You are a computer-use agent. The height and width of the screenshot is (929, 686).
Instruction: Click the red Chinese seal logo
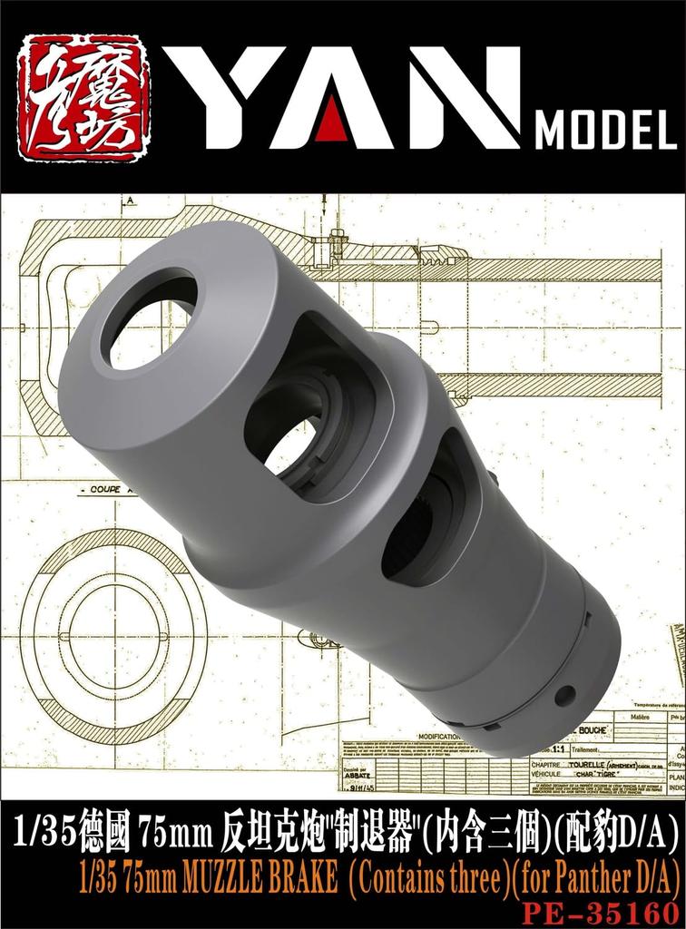click(83, 97)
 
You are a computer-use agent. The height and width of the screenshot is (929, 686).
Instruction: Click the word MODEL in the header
click(605, 132)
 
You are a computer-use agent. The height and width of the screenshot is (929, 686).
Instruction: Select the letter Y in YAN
click(235, 97)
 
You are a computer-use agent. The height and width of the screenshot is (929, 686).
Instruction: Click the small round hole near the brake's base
click(564, 695)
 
